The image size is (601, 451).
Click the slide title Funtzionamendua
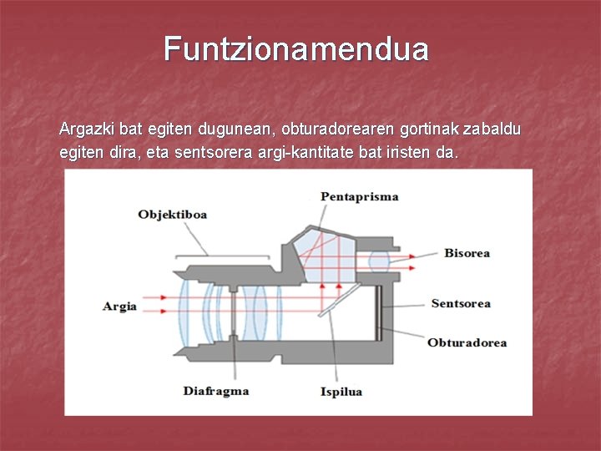[x=296, y=49]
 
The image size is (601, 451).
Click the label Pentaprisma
[x=359, y=197]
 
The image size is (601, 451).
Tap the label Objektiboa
[x=172, y=215]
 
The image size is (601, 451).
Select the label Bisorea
[x=467, y=253]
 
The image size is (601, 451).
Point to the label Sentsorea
[x=461, y=304]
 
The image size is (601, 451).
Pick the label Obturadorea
[x=467, y=342]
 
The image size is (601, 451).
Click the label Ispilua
[x=341, y=392]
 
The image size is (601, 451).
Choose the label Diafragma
[x=215, y=391]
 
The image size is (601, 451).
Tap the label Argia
[x=119, y=307]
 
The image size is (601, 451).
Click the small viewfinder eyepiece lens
[x=380, y=261]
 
